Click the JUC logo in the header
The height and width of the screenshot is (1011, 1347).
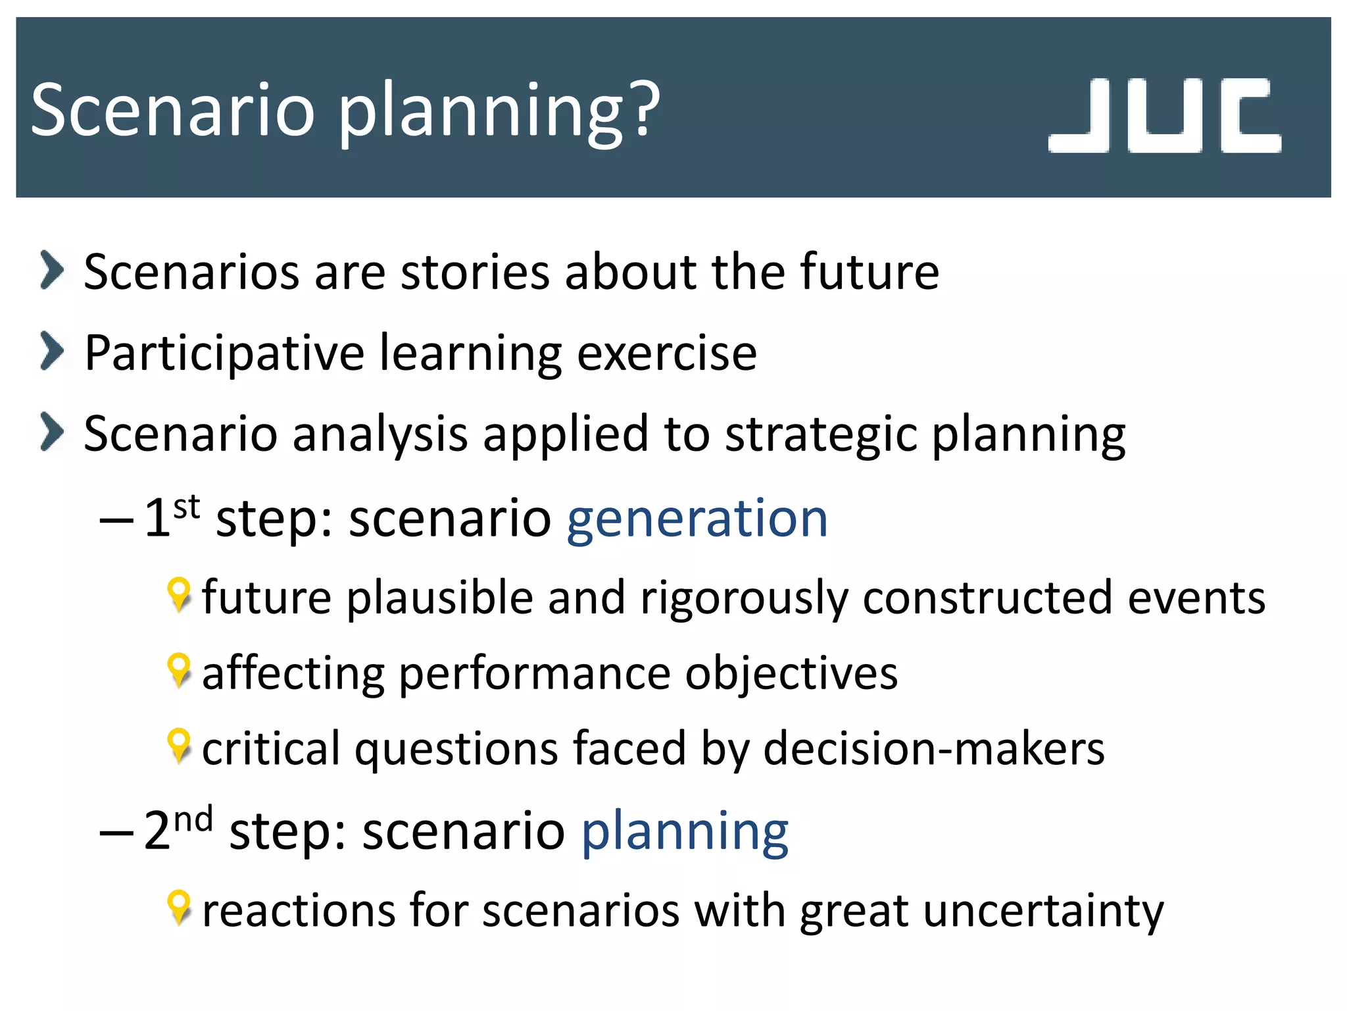coord(1164,116)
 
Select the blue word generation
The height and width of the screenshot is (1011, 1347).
coord(697,519)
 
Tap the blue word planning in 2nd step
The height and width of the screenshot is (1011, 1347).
coord(685,833)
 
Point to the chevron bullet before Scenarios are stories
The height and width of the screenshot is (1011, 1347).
coord(52,270)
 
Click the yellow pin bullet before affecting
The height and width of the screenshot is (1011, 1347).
coord(179,671)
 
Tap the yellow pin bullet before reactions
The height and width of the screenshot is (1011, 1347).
coord(179,908)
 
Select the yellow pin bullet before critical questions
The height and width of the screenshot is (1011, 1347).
coord(179,746)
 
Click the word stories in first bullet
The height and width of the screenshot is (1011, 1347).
coord(474,272)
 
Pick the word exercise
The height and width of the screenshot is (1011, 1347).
coord(667,353)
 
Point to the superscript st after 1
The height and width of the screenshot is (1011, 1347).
coord(186,507)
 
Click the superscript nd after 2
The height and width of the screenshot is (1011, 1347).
coord(193,820)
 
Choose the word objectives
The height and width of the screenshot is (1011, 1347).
coord(791,675)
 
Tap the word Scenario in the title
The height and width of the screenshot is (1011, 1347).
coord(173,110)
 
